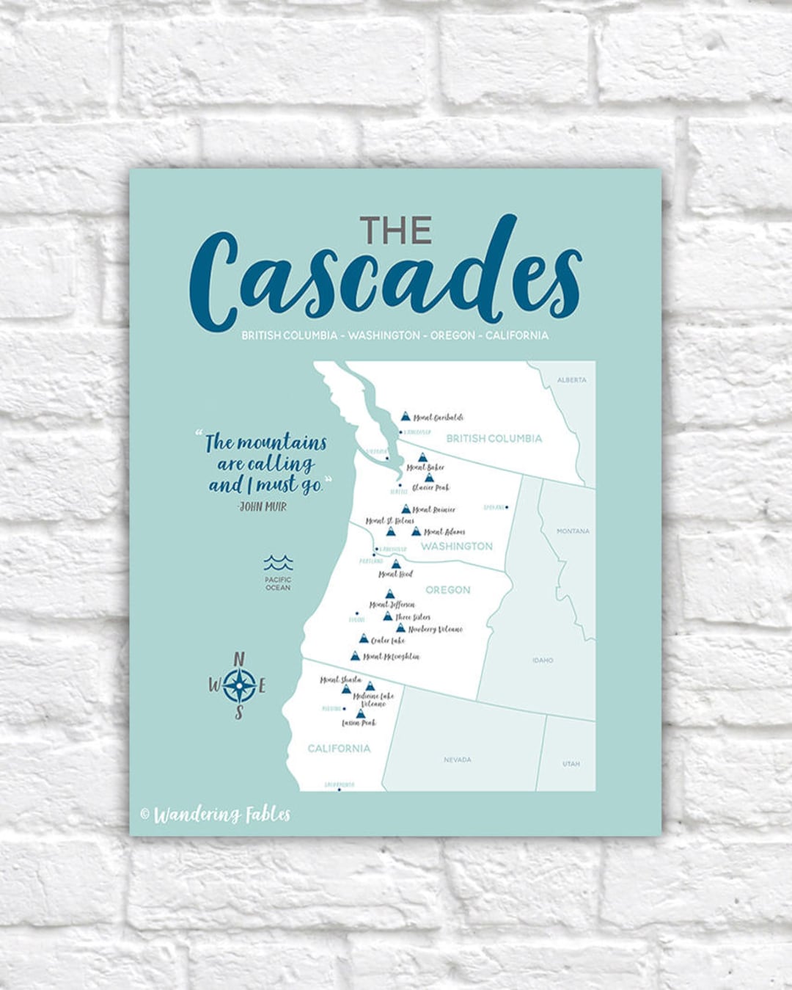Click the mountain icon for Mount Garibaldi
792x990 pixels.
click(x=406, y=416)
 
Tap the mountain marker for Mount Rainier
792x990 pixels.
click(x=406, y=509)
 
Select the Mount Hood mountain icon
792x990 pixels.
click(x=396, y=564)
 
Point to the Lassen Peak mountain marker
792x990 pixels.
click(x=360, y=713)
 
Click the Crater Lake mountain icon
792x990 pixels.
click(x=364, y=638)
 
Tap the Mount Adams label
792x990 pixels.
click(x=444, y=532)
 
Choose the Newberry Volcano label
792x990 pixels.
click(x=436, y=629)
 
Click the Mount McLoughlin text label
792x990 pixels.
click(x=392, y=657)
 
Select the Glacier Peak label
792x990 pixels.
click(x=430, y=487)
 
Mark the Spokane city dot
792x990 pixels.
click(x=507, y=507)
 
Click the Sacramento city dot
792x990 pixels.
click(x=339, y=790)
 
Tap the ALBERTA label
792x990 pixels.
click(x=572, y=380)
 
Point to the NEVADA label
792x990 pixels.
click(x=458, y=760)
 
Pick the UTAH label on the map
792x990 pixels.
click(x=571, y=764)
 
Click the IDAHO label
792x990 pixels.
click(x=543, y=660)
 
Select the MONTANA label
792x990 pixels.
click(x=573, y=531)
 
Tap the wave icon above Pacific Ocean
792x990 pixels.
click(x=278, y=563)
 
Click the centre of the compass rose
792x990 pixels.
click(x=239, y=686)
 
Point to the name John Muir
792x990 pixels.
click(x=263, y=506)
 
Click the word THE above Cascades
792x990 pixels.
click(x=395, y=230)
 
